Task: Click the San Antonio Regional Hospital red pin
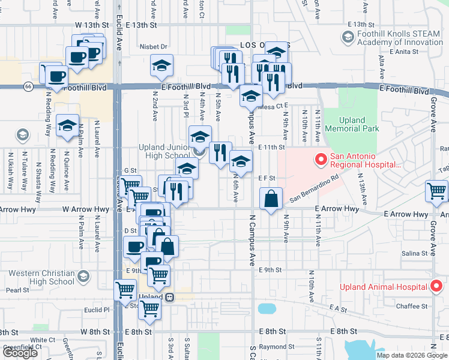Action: coord(319,160)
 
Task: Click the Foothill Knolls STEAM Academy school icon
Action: coord(348,38)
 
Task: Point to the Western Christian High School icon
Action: coord(83,277)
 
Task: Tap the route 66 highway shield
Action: coord(28,86)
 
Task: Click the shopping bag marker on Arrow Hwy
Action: coord(271,198)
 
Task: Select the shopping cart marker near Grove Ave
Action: coord(436,191)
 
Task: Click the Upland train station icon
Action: coord(170,297)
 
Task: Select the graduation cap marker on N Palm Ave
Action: coord(67,125)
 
